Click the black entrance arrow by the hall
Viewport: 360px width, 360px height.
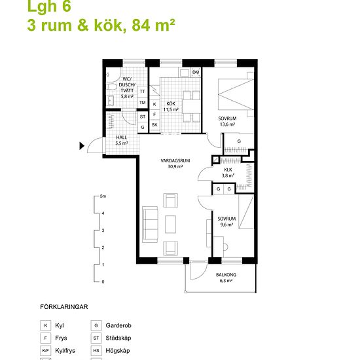click(x=82, y=146)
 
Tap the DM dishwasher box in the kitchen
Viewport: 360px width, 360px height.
click(x=196, y=72)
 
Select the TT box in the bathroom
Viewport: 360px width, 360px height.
click(x=142, y=92)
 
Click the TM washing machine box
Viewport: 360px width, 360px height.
click(x=142, y=102)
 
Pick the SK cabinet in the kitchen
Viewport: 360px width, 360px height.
click(x=154, y=125)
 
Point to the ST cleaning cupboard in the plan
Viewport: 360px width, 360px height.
click(x=143, y=117)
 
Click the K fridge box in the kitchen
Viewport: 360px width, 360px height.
click(x=154, y=104)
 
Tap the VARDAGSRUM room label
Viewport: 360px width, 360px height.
click(x=175, y=161)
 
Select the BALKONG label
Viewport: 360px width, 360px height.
click(x=226, y=275)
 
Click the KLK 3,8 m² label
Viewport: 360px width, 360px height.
click(x=228, y=173)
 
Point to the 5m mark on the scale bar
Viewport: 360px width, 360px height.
click(x=103, y=196)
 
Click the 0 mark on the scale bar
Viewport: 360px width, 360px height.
click(x=103, y=281)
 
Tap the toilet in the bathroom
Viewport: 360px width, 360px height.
click(x=112, y=86)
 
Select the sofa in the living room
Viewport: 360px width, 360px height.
click(x=150, y=225)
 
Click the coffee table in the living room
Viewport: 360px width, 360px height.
click(x=170, y=225)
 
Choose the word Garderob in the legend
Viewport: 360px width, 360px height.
click(x=118, y=325)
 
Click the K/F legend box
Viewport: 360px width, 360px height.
click(x=45, y=351)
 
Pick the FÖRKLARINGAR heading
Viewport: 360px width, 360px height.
click(x=64, y=307)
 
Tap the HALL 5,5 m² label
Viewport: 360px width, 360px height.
click(x=122, y=140)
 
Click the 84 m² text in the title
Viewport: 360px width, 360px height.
click(x=153, y=25)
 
